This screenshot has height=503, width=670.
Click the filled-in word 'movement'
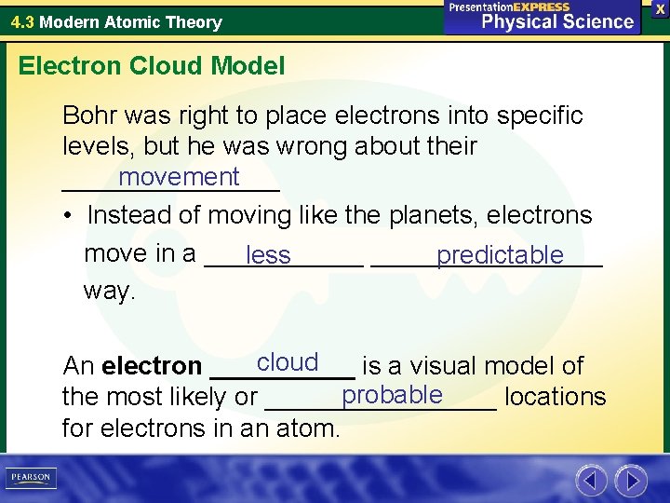coord(179,177)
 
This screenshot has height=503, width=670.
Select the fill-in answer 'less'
coord(269,256)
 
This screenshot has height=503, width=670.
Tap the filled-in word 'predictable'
coord(500,255)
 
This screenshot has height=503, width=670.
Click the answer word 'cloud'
coord(288,362)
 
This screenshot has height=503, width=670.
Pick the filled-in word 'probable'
coord(392,395)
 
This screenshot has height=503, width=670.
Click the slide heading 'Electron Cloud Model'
coord(152,66)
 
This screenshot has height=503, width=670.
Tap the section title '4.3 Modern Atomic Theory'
coord(116,21)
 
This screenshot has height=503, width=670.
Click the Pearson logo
coord(32,478)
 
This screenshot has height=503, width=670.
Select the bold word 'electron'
coord(152,367)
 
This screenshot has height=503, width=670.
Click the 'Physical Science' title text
coord(556,21)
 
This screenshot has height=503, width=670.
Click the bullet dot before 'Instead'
coord(70,216)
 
